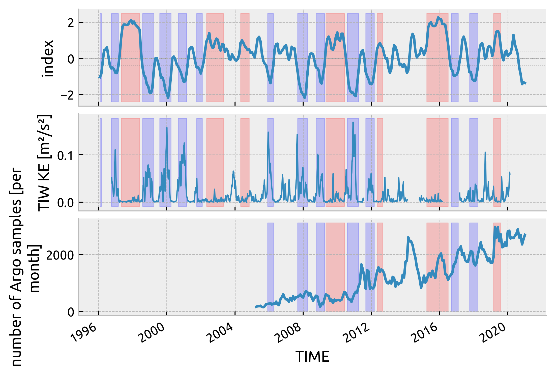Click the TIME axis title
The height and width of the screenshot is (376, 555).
point(312,357)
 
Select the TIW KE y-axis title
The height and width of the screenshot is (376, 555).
point(45,163)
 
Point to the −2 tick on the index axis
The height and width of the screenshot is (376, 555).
point(67,95)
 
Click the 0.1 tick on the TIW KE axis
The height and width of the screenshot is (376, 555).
point(65,155)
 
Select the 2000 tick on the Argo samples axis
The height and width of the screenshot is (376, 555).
point(60,255)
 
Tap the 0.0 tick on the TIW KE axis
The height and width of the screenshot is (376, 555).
point(65,203)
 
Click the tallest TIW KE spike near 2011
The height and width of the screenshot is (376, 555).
point(353,122)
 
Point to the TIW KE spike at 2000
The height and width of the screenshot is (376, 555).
point(167,128)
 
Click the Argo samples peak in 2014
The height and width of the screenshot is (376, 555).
point(408,237)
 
